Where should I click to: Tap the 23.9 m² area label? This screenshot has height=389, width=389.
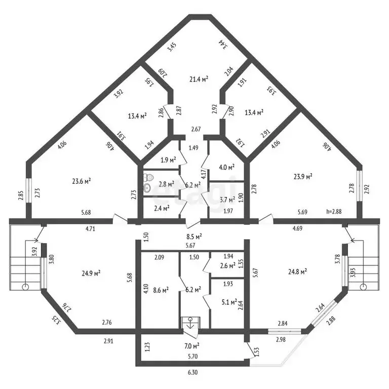(302, 176)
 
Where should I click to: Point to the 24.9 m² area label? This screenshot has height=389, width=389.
(91, 273)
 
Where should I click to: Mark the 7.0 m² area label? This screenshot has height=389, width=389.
(191, 346)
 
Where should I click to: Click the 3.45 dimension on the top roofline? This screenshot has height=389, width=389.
(172, 49)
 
